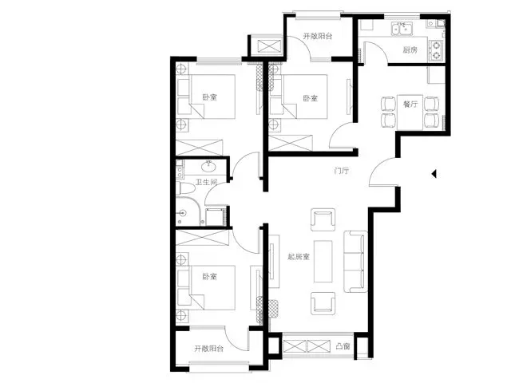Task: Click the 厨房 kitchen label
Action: (x=410, y=49)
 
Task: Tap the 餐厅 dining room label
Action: (x=410, y=105)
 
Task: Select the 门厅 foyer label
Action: (x=342, y=171)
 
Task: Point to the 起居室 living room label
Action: (x=298, y=257)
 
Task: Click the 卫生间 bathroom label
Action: (x=206, y=182)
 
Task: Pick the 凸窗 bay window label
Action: (x=343, y=345)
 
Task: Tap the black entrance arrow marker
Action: (x=434, y=174)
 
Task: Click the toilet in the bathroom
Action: (x=184, y=189)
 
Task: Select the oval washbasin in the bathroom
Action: (x=208, y=167)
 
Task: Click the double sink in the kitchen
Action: (x=402, y=29)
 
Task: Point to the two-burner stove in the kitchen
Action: (x=435, y=50)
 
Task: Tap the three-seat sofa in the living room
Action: (x=355, y=262)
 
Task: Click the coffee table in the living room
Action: (x=323, y=261)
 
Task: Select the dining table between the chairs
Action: (x=410, y=112)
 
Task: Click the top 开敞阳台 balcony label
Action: (x=318, y=36)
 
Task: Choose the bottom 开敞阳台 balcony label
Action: (x=209, y=349)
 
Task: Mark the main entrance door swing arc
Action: (x=376, y=166)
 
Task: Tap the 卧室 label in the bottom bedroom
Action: (x=209, y=277)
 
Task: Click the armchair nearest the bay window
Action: (x=323, y=303)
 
